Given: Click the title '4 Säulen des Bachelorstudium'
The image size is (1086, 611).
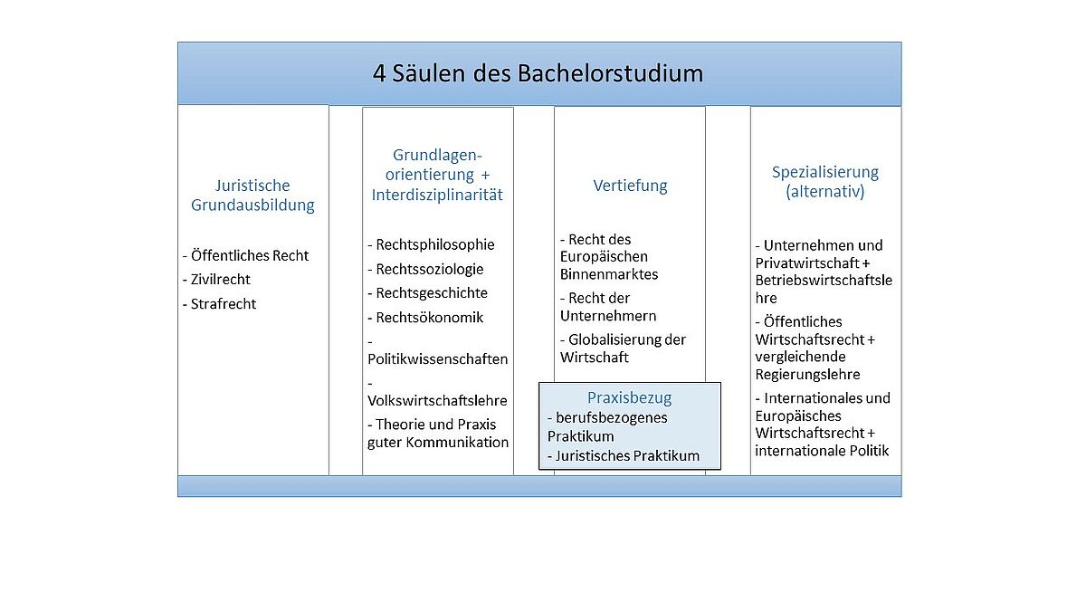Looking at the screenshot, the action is click(x=538, y=73).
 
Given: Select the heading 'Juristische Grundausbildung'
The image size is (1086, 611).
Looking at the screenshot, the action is click(x=252, y=195).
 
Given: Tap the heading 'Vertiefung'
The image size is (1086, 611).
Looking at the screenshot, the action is click(x=630, y=186).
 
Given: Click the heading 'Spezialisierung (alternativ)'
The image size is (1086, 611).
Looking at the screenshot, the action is click(x=825, y=181).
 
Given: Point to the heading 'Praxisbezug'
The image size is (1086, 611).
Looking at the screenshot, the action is click(x=629, y=397).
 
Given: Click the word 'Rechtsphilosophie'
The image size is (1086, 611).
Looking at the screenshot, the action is click(x=435, y=244).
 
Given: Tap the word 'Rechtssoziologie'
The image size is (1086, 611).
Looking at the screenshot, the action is click(x=430, y=269).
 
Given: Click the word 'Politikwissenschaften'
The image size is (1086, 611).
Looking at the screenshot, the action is click(x=438, y=358).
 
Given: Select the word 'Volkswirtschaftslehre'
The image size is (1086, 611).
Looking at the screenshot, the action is click(x=437, y=400).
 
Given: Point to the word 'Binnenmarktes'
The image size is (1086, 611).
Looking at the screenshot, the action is click(x=609, y=274).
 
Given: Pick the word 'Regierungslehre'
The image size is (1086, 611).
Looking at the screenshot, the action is click(x=807, y=375).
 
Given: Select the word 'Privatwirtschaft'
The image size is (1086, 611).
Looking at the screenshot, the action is click(x=807, y=263).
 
